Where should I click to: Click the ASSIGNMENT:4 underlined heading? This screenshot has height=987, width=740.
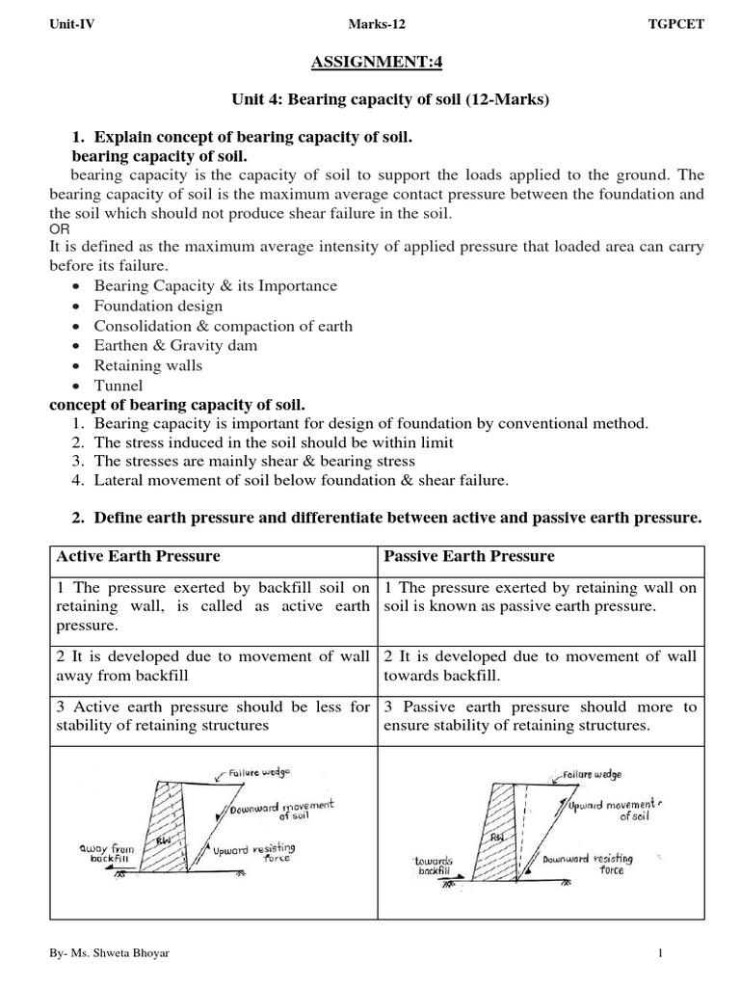(370, 64)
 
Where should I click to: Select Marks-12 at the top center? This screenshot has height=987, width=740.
(369, 25)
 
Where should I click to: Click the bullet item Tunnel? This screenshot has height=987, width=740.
(118, 386)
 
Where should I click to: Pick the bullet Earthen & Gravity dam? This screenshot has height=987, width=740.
(175, 345)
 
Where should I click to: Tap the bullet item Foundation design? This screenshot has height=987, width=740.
(158, 306)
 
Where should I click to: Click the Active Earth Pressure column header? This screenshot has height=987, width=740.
(139, 556)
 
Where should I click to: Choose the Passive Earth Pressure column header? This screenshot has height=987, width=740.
(469, 556)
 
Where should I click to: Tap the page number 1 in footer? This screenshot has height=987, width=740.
(661, 953)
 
